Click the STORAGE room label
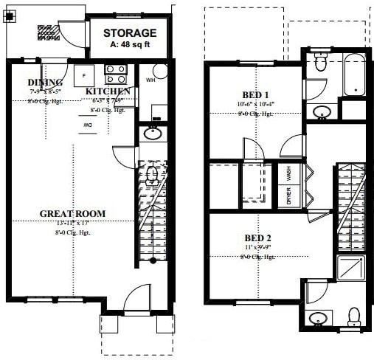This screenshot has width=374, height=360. click(x=129, y=32)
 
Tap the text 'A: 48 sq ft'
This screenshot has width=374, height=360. click(x=129, y=44)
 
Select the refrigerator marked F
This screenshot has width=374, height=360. click(x=85, y=75)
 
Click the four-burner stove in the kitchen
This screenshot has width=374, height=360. click(x=115, y=75)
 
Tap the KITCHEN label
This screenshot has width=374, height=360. click(x=108, y=91)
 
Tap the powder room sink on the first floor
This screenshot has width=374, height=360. click(x=153, y=134)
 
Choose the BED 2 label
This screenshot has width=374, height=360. click(x=257, y=238)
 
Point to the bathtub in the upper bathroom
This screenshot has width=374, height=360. click(x=353, y=74)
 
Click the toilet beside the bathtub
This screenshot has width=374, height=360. click(x=320, y=65)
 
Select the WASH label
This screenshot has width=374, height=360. click(x=288, y=173)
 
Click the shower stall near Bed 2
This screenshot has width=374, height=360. click(x=351, y=267)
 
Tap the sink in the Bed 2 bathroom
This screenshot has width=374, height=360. click(x=319, y=319)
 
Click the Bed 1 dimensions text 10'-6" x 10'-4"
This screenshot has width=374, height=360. click(x=254, y=105)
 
